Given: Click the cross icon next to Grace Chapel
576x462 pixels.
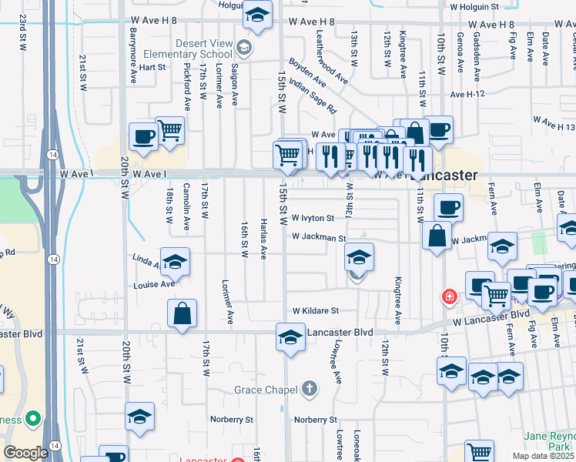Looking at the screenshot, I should (x=310, y=388).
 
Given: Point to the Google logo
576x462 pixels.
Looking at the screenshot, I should (x=25, y=453).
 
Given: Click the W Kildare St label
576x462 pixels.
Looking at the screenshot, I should (x=316, y=310).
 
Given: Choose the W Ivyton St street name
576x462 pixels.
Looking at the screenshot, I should (x=313, y=218).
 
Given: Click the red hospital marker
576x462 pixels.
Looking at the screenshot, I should (x=447, y=296).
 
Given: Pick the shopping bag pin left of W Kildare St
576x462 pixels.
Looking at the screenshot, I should (x=182, y=314).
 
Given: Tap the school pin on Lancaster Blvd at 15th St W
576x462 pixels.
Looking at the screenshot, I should (x=290, y=339).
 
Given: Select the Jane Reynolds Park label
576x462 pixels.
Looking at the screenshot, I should (x=549, y=440).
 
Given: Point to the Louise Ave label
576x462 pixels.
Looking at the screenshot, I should (x=154, y=284).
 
